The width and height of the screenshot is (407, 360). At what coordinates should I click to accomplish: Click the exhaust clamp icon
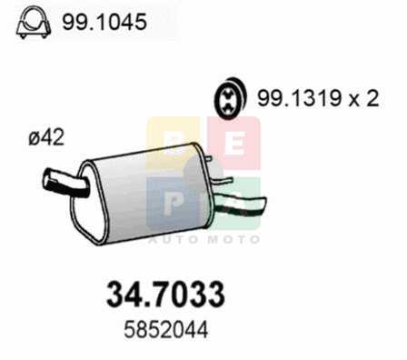click(34, 22)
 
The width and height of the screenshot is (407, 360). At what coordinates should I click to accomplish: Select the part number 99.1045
click(104, 22)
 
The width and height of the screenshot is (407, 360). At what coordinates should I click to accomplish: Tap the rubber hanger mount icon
click(231, 97)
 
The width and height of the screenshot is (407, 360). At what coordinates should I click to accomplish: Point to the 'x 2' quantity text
click(363, 98)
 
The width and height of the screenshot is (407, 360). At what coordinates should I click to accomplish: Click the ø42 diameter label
click(46, 137)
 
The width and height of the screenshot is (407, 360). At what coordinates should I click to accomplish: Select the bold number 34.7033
click(165, 294)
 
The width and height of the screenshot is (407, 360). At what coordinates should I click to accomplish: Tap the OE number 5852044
click(166, 330)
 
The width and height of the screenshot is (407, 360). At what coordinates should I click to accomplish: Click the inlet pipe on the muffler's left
click(66, 184)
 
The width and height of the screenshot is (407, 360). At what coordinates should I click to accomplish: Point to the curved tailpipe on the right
click(239, 205)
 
